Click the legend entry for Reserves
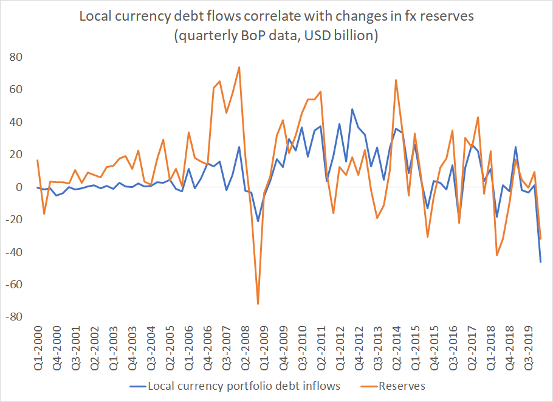click(x=401, y=386)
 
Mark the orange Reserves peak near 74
click(x=239, y=67)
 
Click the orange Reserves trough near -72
click(x=258, y=303)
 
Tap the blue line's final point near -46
click(x=541, y=262)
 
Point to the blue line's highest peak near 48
click(x=352, y=109)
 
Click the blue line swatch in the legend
click(x=139, y=386)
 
